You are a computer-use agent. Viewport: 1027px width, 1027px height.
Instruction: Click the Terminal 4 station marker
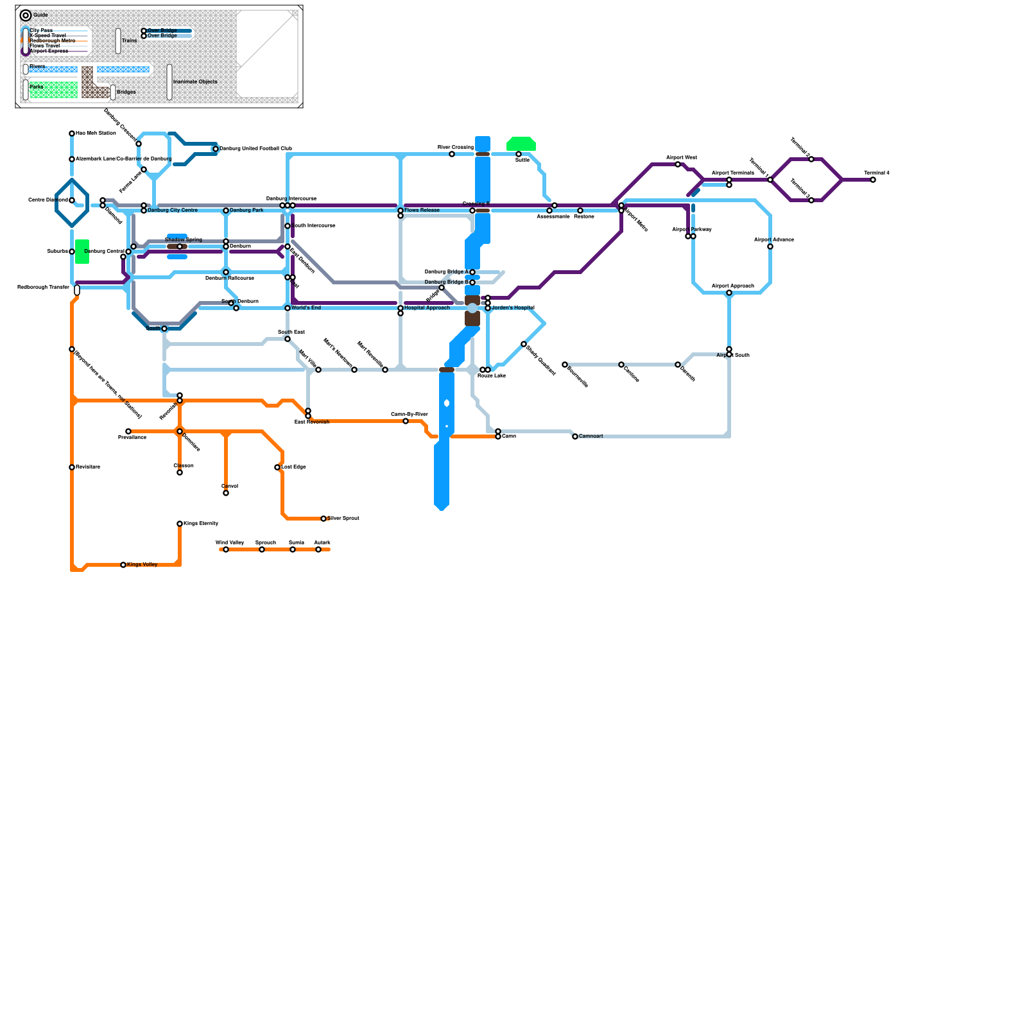(x=873, y=180)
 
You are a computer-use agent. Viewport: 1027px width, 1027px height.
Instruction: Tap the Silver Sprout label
(x=343, y=518)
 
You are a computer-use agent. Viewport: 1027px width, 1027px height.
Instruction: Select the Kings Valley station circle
(x=123, y=565)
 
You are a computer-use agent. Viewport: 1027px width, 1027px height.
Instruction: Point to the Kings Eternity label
(x=201, y=524)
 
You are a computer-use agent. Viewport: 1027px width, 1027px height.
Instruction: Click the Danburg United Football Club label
(x=255, y=149)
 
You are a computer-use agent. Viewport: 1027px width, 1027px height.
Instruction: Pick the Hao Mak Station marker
(x=72, y=134)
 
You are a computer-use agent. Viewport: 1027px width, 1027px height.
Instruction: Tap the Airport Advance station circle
(x=770, y=246)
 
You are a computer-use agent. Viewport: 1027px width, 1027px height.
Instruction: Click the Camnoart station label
(x=591, y=436)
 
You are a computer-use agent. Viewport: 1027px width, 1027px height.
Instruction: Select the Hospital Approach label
(x=427, y=308)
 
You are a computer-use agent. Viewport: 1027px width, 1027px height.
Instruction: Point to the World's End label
(x=306, y=308)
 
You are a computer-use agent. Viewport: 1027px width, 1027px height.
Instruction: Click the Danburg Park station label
(x=246, y=211)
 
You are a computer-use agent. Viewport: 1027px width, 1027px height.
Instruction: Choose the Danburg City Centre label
(x=173, y=211)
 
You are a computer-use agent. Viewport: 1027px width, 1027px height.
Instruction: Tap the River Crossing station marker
(x=452, y=154)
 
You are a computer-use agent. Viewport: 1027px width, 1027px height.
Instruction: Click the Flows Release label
(x=422, y=211)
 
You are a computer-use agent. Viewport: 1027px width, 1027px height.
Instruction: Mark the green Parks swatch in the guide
(x=54, y=91)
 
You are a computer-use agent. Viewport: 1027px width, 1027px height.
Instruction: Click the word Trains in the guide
(x=129, y=41)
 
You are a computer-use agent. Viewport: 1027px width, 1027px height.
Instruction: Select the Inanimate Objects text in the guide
(x=195, y=82)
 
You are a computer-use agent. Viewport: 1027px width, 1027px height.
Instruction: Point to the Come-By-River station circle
(x=406, y=421)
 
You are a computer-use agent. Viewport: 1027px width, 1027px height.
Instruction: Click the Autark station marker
(x=318, y=549)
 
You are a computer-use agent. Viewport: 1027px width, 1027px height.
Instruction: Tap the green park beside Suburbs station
(x=82, y=252)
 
